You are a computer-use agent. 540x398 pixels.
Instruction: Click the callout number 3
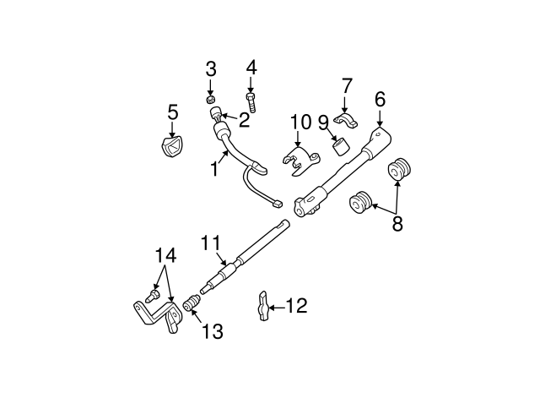point(211,68)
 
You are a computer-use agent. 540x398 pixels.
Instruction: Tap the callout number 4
point(251,67)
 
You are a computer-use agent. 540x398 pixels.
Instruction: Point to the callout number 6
point(380,99)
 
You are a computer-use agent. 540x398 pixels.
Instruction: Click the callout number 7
point(346,85)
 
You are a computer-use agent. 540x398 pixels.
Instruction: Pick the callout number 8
point(397,224)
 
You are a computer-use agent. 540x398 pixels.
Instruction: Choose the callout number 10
point(301,123)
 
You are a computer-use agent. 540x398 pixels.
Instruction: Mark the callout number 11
point(211,244)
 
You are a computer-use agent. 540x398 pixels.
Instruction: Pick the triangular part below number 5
point(171,147)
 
